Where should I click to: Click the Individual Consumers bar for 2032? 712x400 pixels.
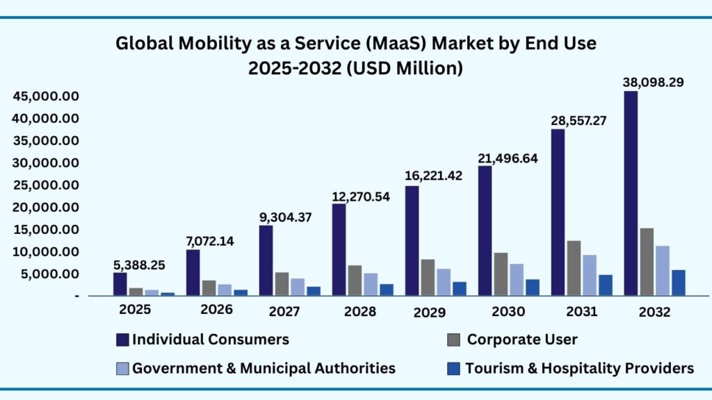click(x=631, y=194)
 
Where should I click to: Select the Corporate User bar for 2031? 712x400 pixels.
click(x=574, y=268)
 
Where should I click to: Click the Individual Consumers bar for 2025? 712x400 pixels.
click(x=120, y=284)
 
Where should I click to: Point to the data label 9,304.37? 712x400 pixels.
click(x=286, y=217)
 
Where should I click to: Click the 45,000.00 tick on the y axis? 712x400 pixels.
click(x=46, y=96)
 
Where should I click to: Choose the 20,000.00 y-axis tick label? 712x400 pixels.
click(x=46, y=207)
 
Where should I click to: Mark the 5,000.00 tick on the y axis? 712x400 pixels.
click(x=49, y=274)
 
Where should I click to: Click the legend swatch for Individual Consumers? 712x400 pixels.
click(x=122, y=340)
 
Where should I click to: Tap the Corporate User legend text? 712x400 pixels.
click(x=521, y=340)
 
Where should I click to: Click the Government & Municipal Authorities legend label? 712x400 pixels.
click(x=264, y=368)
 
